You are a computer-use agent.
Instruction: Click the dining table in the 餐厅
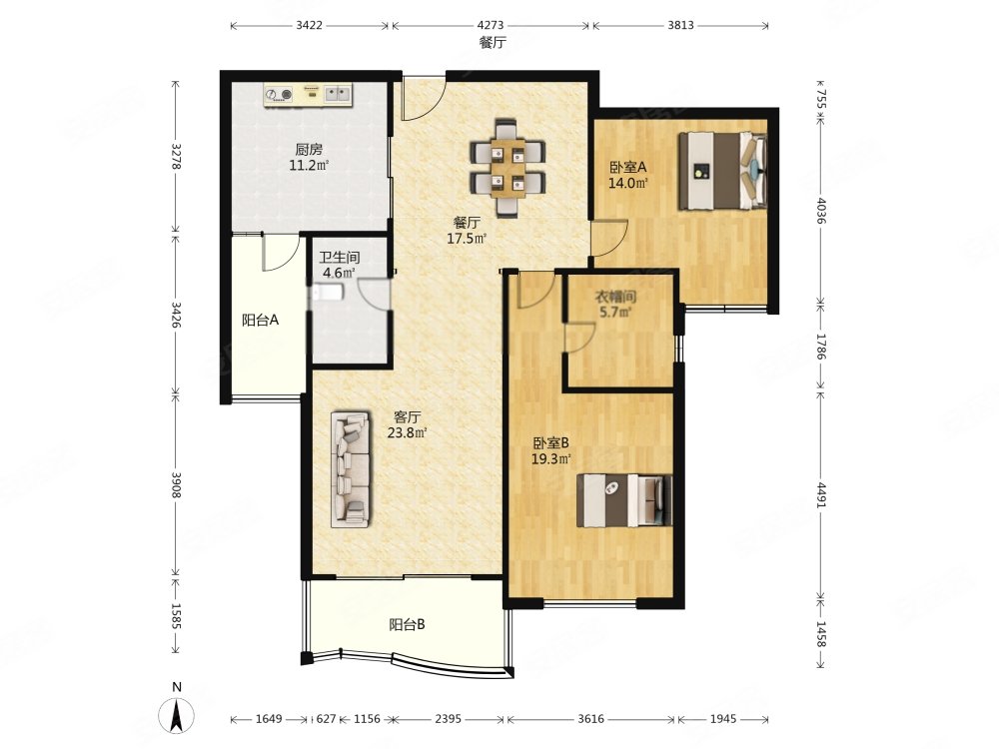[x=507, y=168]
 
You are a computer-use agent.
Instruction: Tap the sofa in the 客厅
[x=350, y=468]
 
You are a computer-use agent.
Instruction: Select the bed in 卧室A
[x=722, y=170]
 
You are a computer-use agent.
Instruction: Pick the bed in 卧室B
[x=624, y=500]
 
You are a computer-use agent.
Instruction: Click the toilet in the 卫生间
[x=328, y=293]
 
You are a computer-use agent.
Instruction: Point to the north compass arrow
[x=178, y=714]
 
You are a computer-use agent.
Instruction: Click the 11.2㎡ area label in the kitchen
[x=309, y=166]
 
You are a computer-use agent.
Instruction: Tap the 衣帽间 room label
[x=615, y=297]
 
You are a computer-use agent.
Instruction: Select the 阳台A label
[x=260, y=320]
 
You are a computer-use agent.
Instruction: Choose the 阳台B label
[x=408, y=625]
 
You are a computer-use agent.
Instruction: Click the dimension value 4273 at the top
[x=490, y=26]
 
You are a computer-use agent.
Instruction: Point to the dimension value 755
[x=821, y=101]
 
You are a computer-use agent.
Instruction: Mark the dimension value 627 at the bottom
[x=326, y=719]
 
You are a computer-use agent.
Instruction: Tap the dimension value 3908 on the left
[x=177, y=484]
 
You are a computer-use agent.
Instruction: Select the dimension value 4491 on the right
[x=821, y=495]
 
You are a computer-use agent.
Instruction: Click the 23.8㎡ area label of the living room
[x=408, y=433]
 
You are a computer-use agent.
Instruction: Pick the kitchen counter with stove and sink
[x=309, y=96]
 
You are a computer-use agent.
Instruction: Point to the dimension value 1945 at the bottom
[x=722, y=719]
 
